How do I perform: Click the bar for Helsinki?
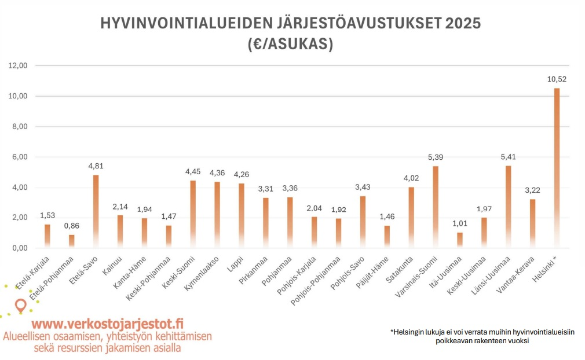[557, 168]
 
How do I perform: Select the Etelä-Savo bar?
[96, 211]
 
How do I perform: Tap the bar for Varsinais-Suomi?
[435, 207]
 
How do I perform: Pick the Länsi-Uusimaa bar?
[508, 207]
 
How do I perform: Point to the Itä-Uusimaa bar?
[459, 240]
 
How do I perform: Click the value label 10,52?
[557, 80]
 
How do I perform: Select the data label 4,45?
[193, 171]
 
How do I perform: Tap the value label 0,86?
[71, 226]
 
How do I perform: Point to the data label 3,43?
[363, 187]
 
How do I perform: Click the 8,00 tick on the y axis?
[19, 126]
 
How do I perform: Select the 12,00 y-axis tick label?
[19, 65]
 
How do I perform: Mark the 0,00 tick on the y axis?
[19, 248]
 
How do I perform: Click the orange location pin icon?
[21, 304]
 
